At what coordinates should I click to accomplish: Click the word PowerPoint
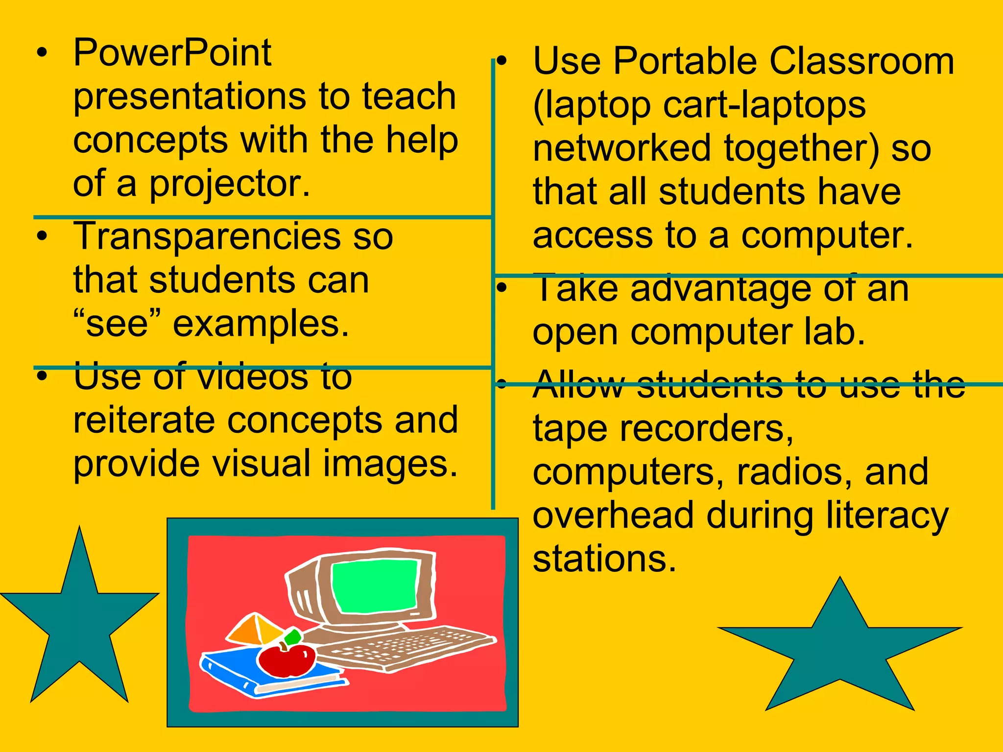[172, 53]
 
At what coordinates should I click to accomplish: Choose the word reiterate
[144, 421]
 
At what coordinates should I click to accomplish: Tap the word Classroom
[861, 62]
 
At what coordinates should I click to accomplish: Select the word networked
[621, 148]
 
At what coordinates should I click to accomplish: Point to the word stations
[604, 559]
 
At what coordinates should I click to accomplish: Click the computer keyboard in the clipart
[406, 646]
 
